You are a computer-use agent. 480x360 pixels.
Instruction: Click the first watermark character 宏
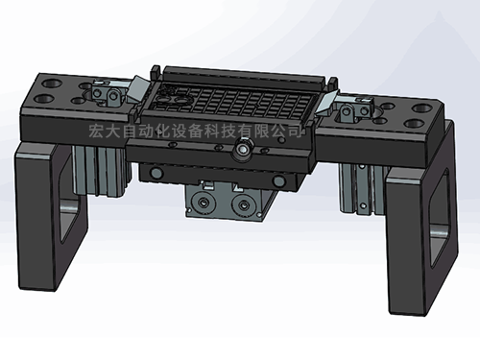[x=96, y=132]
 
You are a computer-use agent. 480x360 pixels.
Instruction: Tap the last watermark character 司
[x=295, y=132]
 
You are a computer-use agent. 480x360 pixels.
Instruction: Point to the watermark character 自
[x=129, y=132]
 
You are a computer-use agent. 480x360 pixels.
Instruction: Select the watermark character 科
[x=212, y=132]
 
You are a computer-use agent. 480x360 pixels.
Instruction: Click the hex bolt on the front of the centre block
[x=243, y=148]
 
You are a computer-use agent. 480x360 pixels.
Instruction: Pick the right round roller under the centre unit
[x=243, y=204]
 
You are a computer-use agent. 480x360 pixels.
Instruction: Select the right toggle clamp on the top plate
[x=354, y=110]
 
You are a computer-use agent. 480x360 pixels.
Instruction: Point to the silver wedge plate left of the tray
[x=138, y=88]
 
